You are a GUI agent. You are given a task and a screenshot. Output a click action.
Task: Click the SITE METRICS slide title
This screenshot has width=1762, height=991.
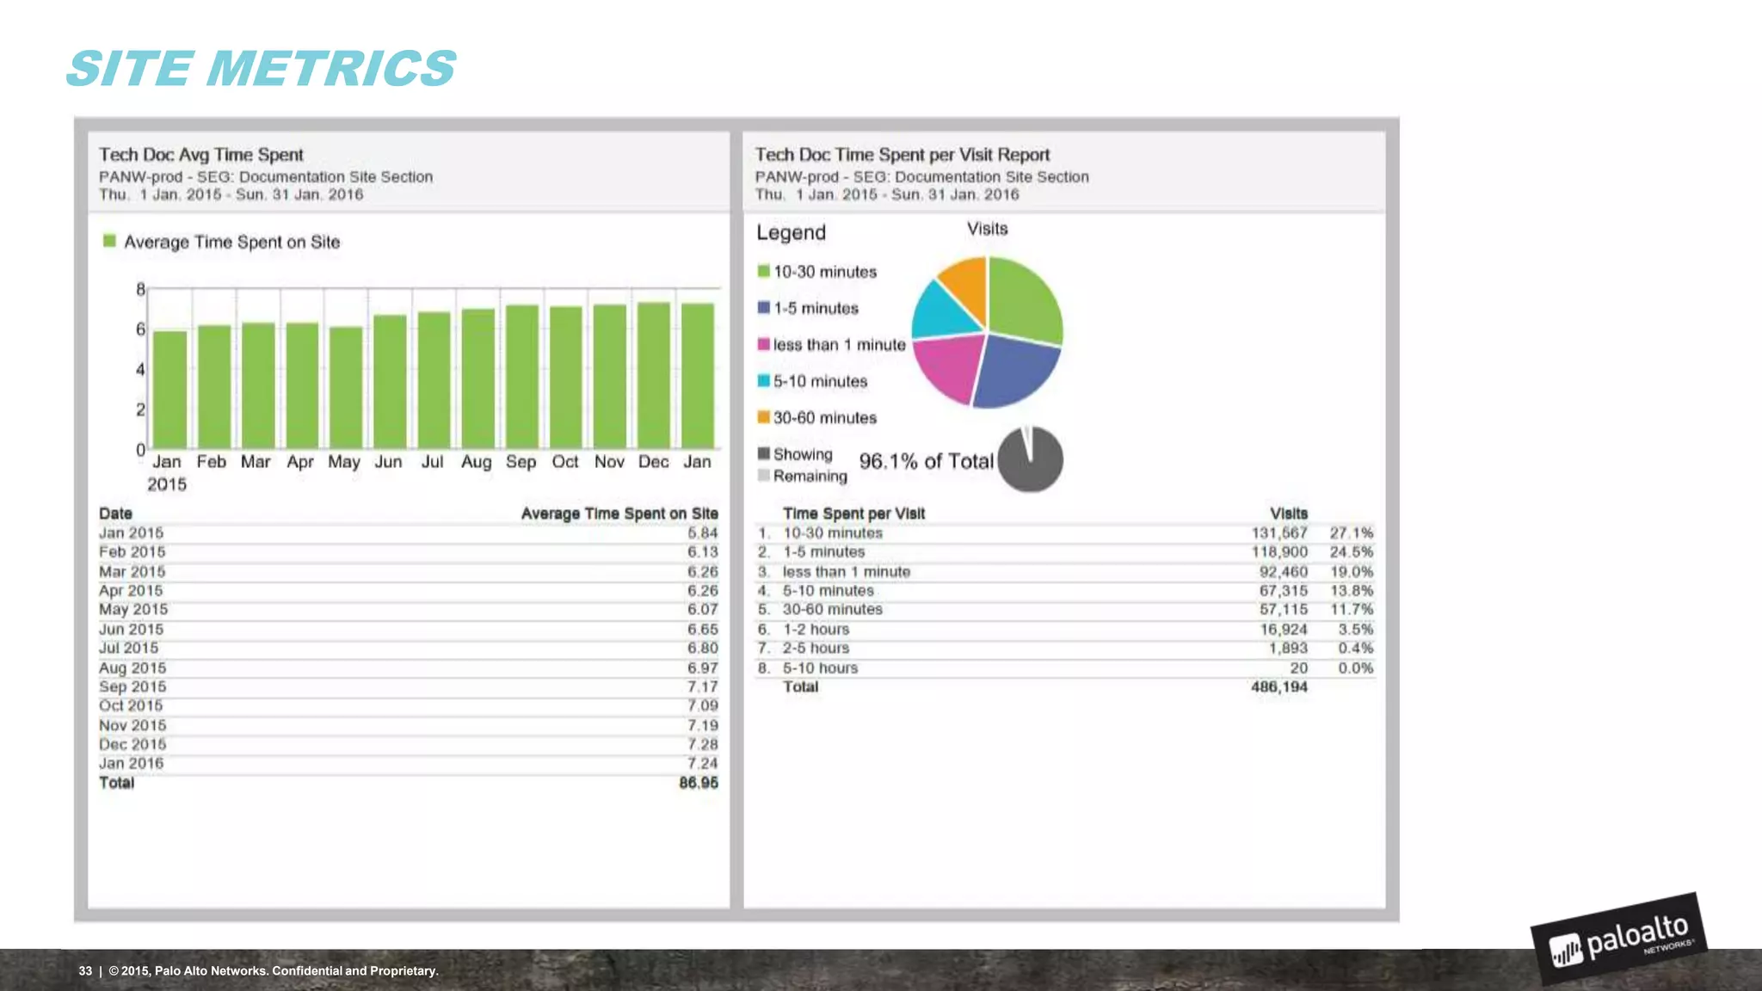coord(261,69)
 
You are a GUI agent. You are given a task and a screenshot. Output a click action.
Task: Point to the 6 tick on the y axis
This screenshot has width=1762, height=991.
coord(140,329)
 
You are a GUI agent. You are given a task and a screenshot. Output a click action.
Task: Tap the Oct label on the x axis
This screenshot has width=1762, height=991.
coord(564,462)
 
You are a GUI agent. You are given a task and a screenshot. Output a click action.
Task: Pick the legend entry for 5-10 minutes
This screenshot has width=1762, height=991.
coord(819,381)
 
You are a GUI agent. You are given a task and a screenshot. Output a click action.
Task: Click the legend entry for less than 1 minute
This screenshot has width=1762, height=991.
coord(838,345)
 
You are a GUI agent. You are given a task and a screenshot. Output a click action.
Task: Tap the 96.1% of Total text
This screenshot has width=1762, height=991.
coord(926,462)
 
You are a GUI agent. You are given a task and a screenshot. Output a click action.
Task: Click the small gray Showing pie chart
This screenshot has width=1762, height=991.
coord(1030,459)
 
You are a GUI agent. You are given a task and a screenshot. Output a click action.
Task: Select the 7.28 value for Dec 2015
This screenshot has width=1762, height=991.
coord(702,744)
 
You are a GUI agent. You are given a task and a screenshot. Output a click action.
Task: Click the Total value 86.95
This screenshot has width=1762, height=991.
coord(698,783)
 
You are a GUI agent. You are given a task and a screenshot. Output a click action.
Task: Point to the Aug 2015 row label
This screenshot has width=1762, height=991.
coord(132,668)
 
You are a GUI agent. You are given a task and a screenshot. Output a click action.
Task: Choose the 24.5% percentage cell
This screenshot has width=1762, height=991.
coord(1351,552)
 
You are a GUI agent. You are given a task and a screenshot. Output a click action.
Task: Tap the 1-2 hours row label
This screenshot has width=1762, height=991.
coord(816,630)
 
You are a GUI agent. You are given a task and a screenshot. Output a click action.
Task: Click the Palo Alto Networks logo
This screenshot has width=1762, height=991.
coord(1618,939)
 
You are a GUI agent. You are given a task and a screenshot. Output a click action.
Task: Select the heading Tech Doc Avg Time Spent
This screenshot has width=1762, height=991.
coord(200,155)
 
